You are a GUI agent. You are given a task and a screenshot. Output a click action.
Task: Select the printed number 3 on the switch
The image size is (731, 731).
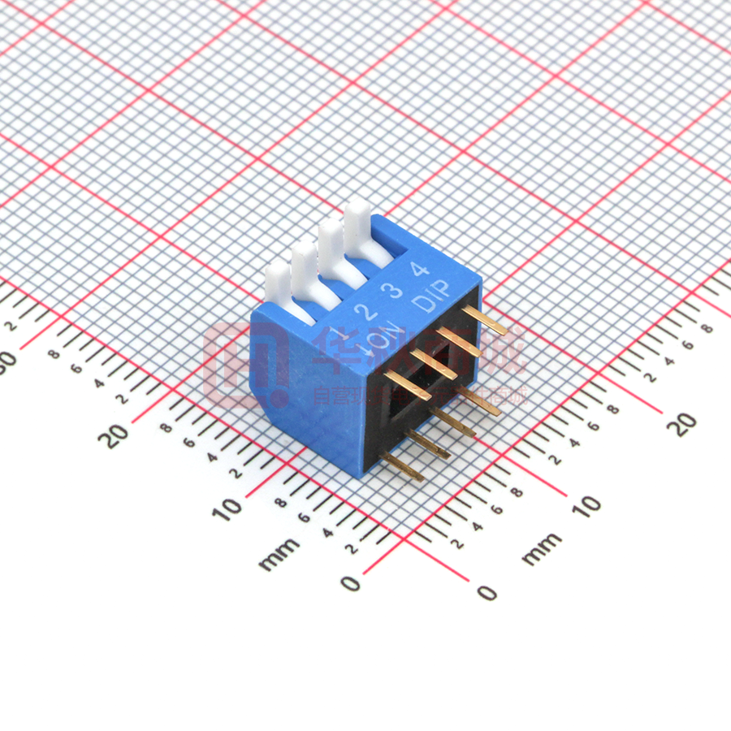click(395, 291)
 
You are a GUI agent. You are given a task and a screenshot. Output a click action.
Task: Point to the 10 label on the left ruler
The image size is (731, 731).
click(231, 507)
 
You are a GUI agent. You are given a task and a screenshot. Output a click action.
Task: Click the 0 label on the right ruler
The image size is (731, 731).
click(487, 592)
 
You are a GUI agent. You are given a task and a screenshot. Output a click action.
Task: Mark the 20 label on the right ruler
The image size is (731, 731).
click(686, 421)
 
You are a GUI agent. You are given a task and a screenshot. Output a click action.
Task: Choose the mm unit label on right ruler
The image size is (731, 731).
click(541, 549)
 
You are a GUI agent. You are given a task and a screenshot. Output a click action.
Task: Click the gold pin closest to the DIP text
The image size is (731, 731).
click(484, 320)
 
